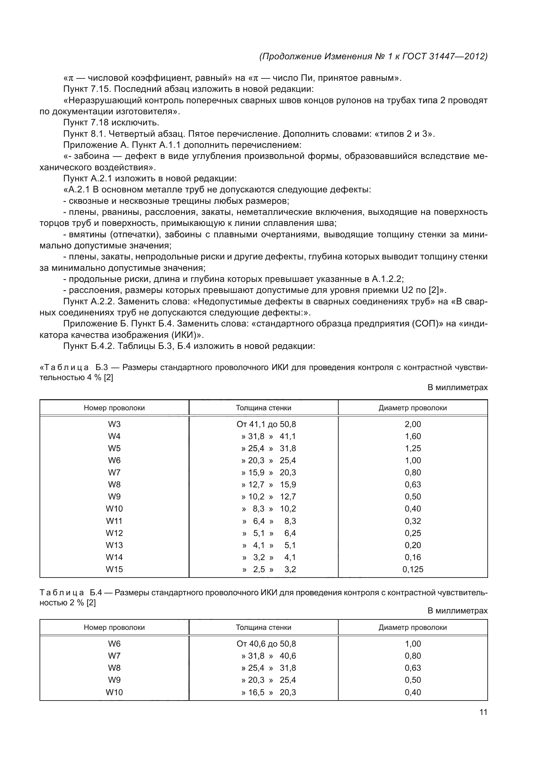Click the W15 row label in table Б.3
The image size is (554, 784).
(x=114, y=569)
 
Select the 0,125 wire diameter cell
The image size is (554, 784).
(x=413, y=569)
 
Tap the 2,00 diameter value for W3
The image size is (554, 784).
(x=413, y=424)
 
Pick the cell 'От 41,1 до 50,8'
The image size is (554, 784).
(x=266, y=424)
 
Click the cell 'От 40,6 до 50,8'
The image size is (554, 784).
(x=266, y=644)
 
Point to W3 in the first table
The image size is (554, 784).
(x=114, y=424)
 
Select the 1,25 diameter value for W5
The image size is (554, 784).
(x=413, y=448)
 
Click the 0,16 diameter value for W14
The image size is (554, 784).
(x=413, y=557)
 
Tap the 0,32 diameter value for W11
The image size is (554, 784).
(x=413, y=521)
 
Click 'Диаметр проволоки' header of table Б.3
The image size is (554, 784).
(x=413, y=408)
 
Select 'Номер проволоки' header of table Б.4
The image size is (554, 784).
(x=114, y=627)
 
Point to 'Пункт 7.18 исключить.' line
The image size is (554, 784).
(x=111, y=123)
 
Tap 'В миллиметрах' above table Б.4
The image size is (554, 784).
(x=458, y=610)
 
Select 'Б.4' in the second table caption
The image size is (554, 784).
(x=96, y=592)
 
